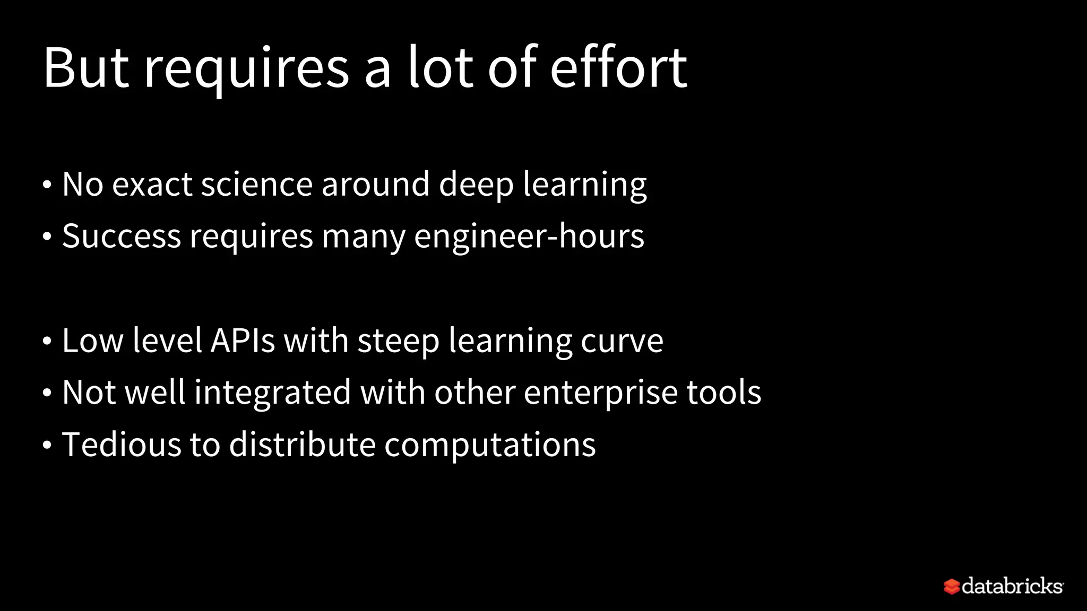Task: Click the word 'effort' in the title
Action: coord(618,68)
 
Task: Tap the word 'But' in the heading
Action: coord(86,68)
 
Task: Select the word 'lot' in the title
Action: coord(440,68)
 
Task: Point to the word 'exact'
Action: coord(152,185)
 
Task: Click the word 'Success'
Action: coord(121,236)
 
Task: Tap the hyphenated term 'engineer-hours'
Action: coord(529,237)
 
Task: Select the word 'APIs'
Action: coord(243,341)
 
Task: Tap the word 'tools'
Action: coord(724,392)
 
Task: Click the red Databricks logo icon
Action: coord(952,587)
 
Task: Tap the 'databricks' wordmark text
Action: coord(1012,586)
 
